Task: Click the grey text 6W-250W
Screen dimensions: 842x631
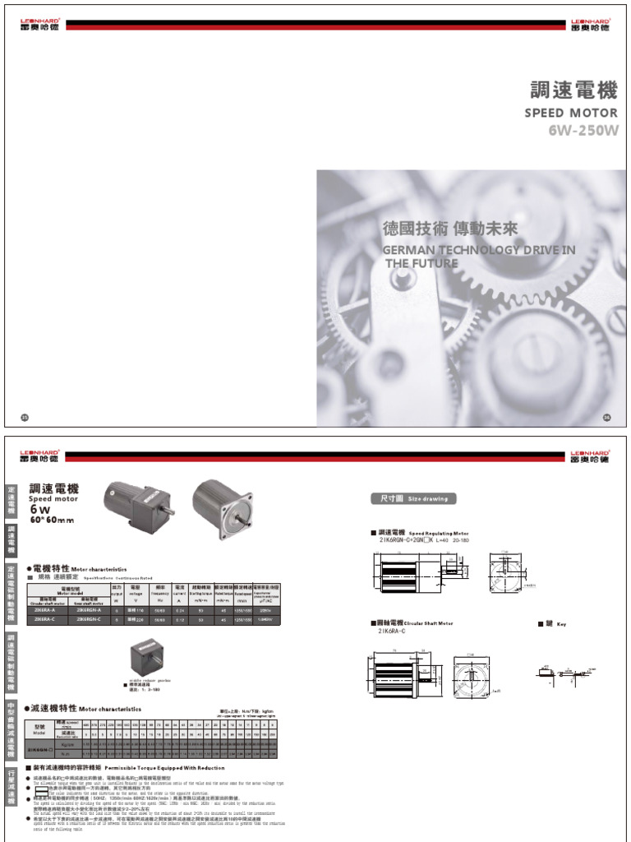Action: [583, 130]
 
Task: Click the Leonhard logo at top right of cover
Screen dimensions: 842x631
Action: [591, 25]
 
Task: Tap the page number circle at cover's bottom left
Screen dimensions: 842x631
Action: [25, 418]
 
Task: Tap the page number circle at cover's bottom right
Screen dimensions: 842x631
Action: [606, 418]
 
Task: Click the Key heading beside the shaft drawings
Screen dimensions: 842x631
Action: [556, 624]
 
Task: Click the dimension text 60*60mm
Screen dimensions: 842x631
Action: [52, 520]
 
